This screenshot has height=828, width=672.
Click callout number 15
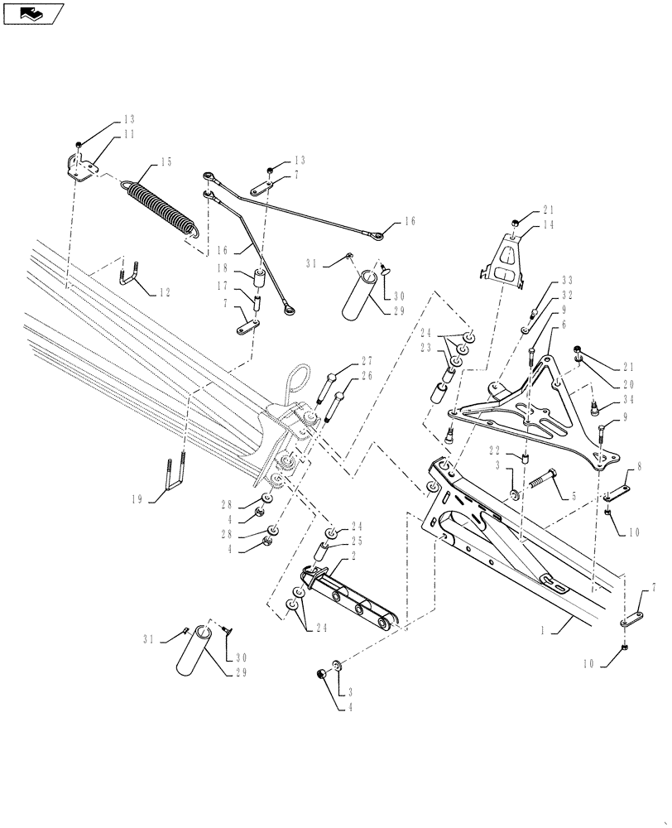[x=166, y=161]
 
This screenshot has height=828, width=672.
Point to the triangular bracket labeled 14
[x=506, y=262]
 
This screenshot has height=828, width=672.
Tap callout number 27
[x=367, y=361]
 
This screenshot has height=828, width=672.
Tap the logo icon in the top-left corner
[x=33, y=12]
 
